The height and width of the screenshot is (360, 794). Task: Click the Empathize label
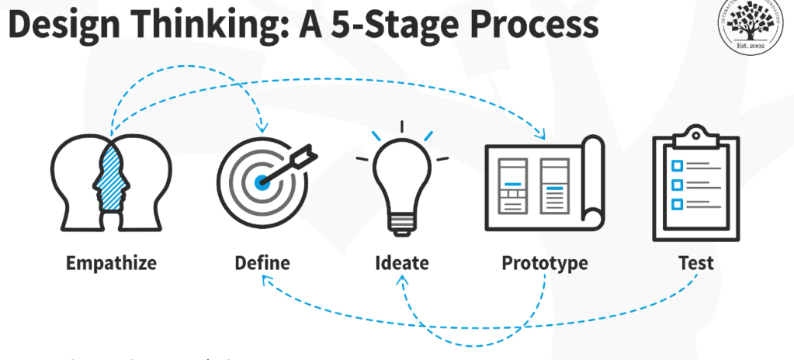[x=111, y=263]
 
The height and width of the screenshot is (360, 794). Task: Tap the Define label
[x=262, y=263]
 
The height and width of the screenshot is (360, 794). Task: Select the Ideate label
[x=402, y=263]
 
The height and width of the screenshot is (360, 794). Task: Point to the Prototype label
[x=545, y=263]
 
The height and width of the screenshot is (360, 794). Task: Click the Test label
[x=695, y=263]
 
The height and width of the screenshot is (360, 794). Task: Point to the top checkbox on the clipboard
[x=676, y=166]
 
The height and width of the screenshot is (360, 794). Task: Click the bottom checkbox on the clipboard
[x=676, y=204]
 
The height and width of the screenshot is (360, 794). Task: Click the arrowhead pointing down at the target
[x=263, y=127]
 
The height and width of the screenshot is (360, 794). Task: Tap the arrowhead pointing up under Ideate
[x=404, y=282]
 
